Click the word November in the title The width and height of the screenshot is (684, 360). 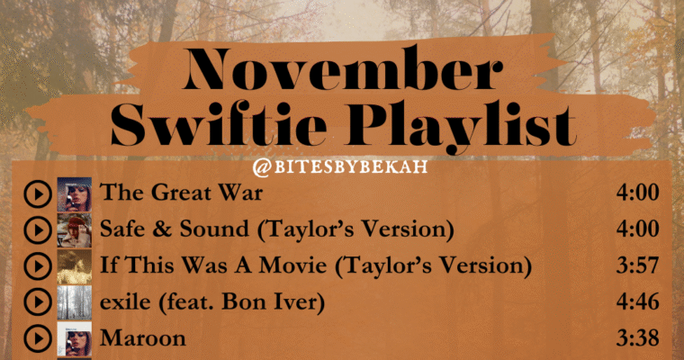pos(341,72)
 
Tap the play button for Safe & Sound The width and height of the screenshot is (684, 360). pos(37,230)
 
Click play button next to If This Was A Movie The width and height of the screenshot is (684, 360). pos(37,266)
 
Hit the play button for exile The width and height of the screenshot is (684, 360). pos(37,302)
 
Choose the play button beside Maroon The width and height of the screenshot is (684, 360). pos(37,338)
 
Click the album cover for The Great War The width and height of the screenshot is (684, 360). pos(74,193)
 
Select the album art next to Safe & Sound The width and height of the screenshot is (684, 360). pos(74,230)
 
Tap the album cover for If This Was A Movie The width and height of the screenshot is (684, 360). pos(74,266)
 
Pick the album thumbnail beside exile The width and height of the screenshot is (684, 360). pos(74,302)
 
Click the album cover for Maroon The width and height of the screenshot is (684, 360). pos(74,338)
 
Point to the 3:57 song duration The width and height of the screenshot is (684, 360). pos(637,266)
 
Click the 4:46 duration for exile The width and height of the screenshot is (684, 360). pos(637,302)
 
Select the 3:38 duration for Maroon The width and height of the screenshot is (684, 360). pos(637,338)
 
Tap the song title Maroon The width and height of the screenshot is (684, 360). pos(143,338)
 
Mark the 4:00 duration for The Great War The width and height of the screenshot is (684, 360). pos(637,193)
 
